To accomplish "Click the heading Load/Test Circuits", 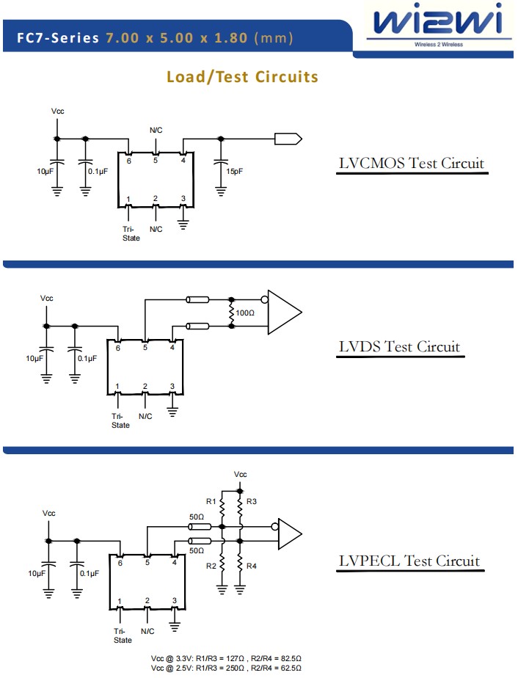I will click(x=242, y=77).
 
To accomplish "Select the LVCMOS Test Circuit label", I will click(x=411, y=163).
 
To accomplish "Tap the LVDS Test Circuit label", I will click(x=399, y=346).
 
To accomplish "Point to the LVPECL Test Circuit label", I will click(x=409, y=561).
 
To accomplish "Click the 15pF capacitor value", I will click(x=235, y=171).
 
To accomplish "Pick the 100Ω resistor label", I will click(x=244, y=313).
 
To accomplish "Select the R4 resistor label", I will click(x=252, y=566).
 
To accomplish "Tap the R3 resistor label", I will click(x=252, y=502).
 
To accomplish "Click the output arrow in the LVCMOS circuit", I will click(x=287, y=138).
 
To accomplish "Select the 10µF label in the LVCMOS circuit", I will click(x=45, y=171).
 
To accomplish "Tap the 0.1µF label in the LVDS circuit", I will click(x=87, y=358).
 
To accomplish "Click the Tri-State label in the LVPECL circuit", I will click(x=123, y=635).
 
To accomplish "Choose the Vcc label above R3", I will click(x=240, y=475).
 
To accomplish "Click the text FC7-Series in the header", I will click(x=57, y=38).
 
